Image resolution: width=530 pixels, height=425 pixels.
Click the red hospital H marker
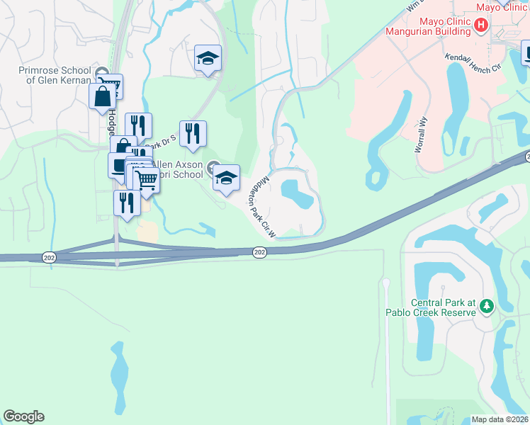[x=481, y=25]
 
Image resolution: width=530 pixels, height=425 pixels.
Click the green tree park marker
[x=486, y=306]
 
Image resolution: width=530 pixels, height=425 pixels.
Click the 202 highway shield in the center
[x=260, y=252]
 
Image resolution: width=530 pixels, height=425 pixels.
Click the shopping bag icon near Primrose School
[x=102, y=96]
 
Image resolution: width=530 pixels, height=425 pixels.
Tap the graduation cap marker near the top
[x=208, y=58]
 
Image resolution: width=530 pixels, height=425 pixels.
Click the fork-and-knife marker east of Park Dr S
[x=193, y=132]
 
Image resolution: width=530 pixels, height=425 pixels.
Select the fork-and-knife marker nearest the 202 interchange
[x=127, y=203]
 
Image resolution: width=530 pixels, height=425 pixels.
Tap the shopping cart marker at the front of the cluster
[x=146, y=180]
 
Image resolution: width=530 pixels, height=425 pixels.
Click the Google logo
[x=23, y=416]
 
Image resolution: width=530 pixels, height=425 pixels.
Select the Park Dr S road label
[x=164, y=141]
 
